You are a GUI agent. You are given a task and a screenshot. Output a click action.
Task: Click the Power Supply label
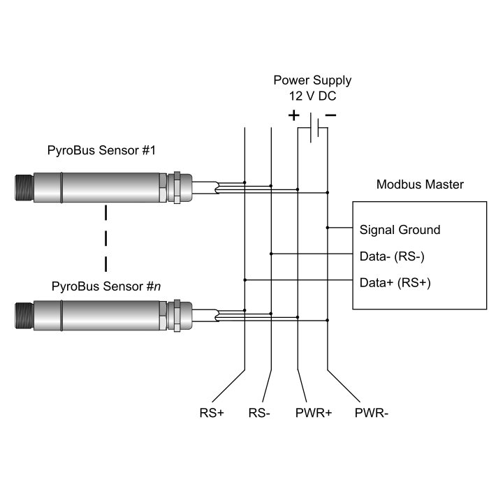pos(312,80)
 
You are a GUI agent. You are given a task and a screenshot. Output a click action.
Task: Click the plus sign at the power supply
pos(294,115)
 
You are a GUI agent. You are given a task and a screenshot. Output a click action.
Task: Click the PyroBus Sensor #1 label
pos(101,151)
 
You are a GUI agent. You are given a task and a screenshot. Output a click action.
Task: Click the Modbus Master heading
pos(419,185)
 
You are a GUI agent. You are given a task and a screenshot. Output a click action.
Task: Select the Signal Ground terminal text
pos(400,229)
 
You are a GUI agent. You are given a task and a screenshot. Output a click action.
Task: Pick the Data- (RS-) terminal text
pos(392,256)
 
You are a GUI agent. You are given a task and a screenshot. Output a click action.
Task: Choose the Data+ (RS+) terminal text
pos(395,283)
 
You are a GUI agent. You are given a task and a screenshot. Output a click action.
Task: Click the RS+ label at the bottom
pos(212,413)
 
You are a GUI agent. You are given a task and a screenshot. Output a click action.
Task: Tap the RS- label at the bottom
pos(259,413)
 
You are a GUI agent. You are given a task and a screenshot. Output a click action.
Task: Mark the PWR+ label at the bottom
pos(314,413)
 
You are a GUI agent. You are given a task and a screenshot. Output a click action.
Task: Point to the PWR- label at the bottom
pos(372,413)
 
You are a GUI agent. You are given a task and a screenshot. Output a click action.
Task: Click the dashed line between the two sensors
pos(105,238)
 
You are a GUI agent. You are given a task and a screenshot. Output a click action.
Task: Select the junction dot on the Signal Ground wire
pos(328,228)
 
